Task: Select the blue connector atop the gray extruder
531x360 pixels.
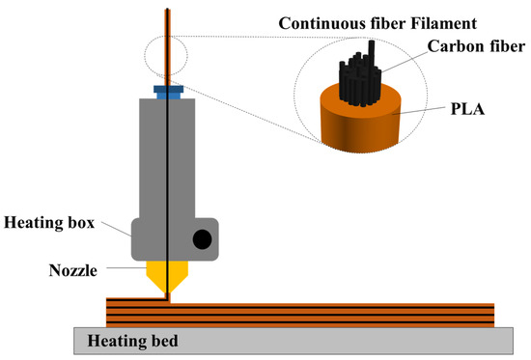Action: click(168, 93)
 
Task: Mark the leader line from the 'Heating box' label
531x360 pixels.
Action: click(113, 229)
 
